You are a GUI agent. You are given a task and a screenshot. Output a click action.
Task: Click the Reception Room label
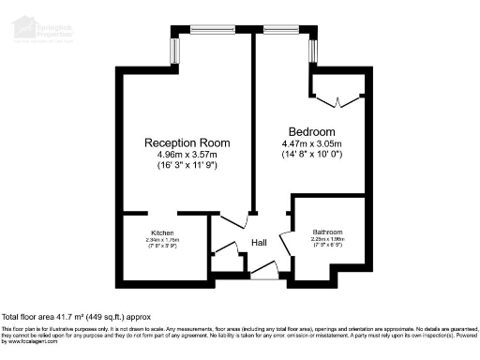187,142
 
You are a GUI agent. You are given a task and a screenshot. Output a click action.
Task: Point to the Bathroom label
328,232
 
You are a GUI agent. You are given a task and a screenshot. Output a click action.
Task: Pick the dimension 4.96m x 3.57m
187,155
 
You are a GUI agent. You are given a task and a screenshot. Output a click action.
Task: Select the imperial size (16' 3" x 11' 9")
187,166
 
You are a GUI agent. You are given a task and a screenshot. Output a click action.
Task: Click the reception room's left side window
174,51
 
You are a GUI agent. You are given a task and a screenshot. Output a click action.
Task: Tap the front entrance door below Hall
264,274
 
